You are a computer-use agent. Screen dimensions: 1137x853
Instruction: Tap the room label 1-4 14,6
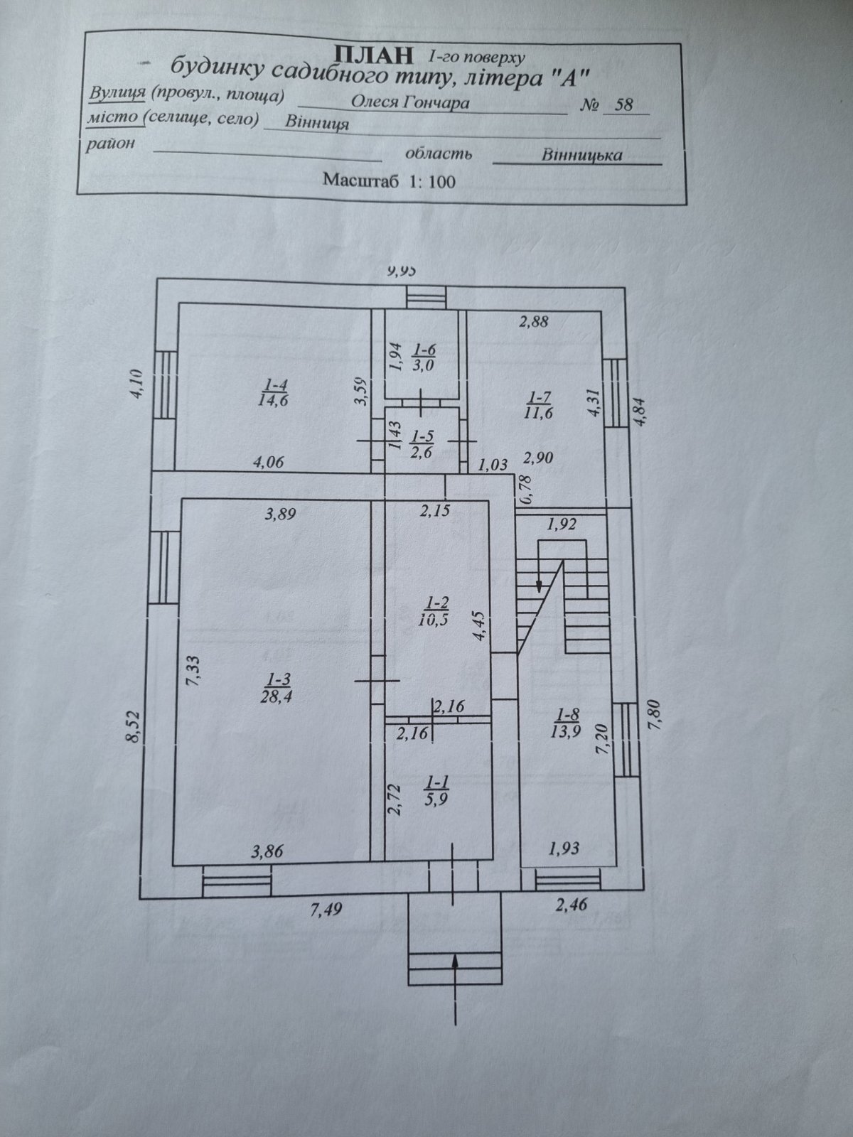274,391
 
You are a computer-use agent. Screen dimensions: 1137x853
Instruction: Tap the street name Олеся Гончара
410,102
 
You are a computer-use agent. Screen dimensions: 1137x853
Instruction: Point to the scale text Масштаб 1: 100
389,180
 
